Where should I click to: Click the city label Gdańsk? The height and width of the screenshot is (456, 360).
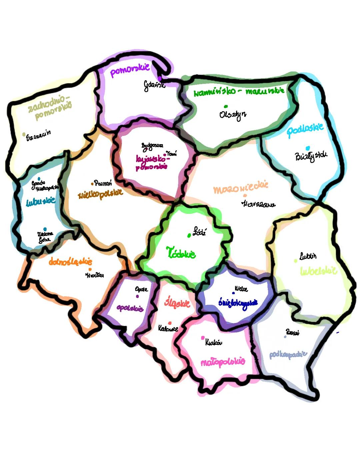(x=154, y=85)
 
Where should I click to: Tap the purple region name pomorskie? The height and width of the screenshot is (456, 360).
(x=130, y=70)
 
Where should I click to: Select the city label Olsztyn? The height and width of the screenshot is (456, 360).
(x=233, y=114)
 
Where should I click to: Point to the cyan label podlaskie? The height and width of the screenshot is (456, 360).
(x=305, y=129)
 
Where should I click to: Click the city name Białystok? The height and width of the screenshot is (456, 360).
(x=311, y=156)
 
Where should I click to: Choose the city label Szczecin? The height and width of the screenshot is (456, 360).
(x=39, y=135)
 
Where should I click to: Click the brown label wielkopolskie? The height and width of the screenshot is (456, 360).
(x=100, y=194)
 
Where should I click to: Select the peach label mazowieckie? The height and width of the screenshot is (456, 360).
(x=241, y=188)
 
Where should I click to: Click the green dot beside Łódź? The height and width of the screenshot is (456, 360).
(x=189, y=235)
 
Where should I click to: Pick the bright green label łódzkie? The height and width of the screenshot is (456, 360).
(x=181, y=253)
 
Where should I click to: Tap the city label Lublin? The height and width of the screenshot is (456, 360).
(x=308, y=256)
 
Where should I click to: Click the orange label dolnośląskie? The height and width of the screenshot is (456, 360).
(x=70, y=261)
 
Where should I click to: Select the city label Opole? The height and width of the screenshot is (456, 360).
(x=141, y=289)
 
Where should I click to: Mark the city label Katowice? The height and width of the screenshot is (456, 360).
(x=168, y=329)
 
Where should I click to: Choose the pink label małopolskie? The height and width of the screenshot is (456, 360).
(x=223, y=362)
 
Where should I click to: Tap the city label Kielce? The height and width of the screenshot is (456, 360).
(x=241, y=288)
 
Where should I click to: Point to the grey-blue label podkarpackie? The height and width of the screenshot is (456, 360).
(x=288, y=354)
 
